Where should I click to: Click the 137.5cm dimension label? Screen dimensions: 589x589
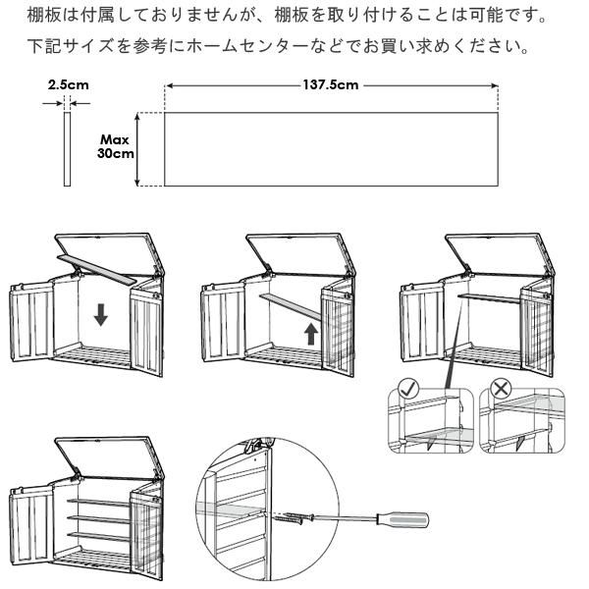[x=331, y=84]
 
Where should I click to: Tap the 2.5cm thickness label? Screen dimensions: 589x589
[x=69, y=84]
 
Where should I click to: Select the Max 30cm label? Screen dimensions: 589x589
[x=115, y=146]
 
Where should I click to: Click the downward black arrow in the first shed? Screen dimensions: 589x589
[x=101, y=315]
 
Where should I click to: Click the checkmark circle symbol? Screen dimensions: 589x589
[x=408, y=389]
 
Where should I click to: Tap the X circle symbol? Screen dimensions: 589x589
[x=501, y=389]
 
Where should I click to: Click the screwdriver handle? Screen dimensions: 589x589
[x=402, y=519]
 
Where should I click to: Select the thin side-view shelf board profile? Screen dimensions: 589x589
[x=67, y=149]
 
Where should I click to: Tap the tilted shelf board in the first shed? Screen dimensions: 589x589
[x=96, y=269]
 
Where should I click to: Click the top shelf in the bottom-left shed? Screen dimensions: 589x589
[x=99, y=503]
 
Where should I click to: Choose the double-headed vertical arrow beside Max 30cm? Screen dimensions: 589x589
[x=137, y=149]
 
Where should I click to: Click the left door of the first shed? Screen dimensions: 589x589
[x=31, y=322]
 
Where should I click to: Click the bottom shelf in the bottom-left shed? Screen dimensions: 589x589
[x=99, y=536]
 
